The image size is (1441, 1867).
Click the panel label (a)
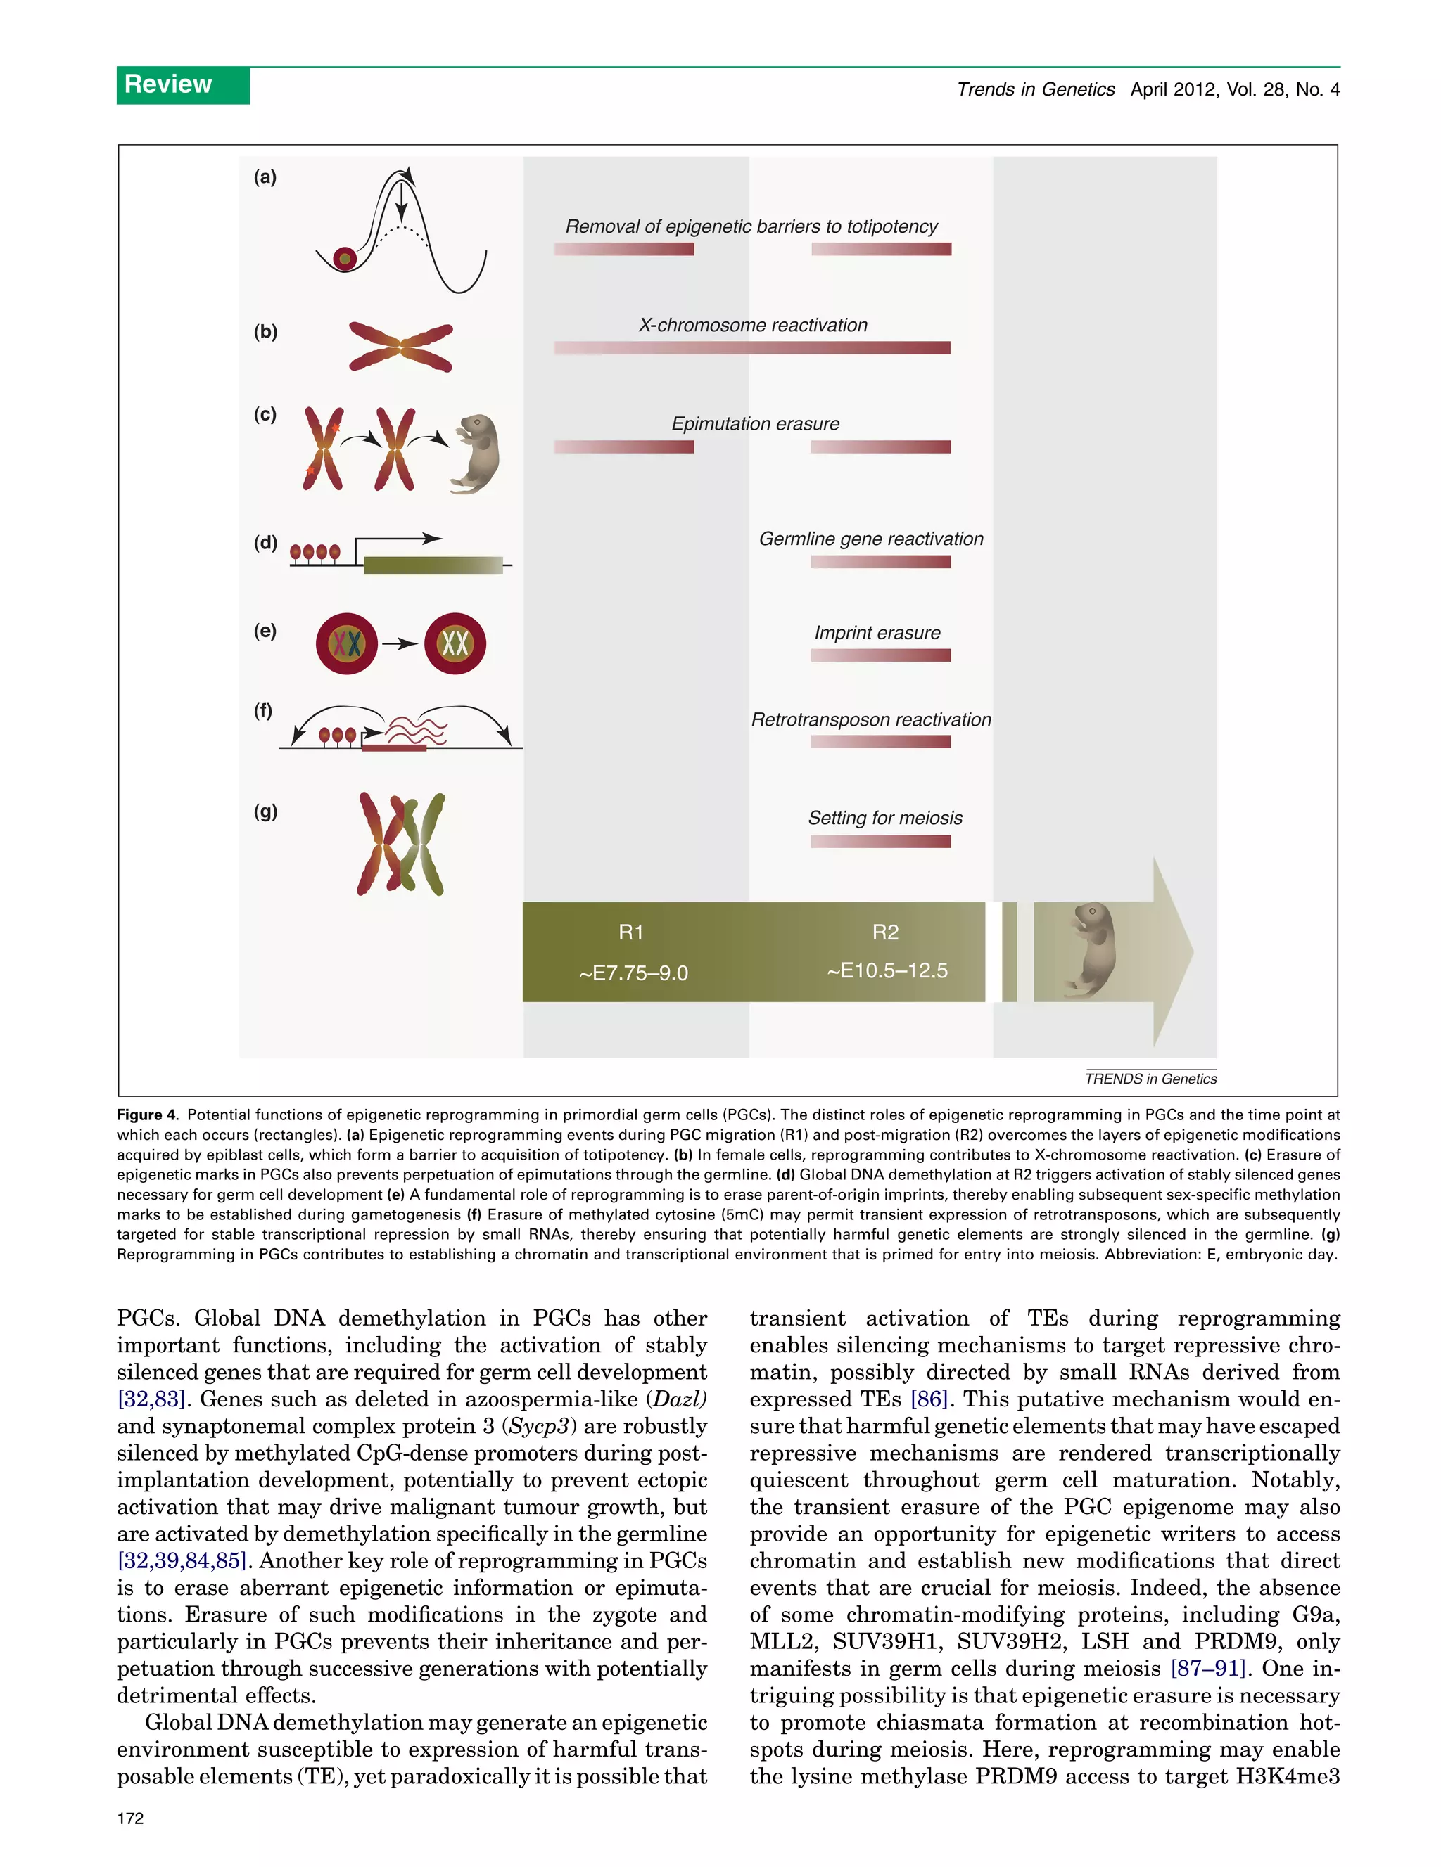click(x=265, y=177)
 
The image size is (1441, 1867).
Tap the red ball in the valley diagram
click(x=345, y=257)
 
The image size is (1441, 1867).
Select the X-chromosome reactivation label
click(x=753, y=325)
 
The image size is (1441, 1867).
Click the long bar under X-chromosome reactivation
click(x=751, y=348)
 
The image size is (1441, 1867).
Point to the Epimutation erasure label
click(x=755, y=424)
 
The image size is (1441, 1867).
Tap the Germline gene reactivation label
click(x=870, y=539)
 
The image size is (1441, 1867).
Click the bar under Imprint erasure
click(x=880, y=655)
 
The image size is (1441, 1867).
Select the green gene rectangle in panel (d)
click(x=433, y=564)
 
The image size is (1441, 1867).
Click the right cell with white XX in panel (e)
click(x=455, y=643)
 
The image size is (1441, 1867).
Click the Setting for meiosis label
click(x=885, y=818)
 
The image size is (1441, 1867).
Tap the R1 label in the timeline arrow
click(x=631, y=932)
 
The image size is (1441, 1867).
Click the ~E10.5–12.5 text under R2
click(x=887, y=970)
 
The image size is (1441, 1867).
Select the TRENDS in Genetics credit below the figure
click(x=1150, y=1079)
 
